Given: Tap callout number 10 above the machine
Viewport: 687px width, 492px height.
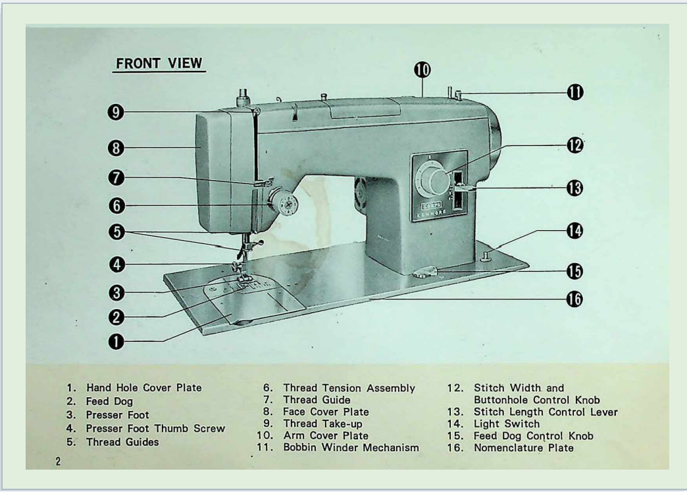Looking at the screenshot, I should pos(422,70).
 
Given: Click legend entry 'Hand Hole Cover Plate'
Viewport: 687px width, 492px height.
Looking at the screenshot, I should pos(143,388).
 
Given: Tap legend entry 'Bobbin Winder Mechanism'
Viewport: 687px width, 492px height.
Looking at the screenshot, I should pos(351,448).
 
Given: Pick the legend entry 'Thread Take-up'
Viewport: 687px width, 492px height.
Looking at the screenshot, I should pos(322,424).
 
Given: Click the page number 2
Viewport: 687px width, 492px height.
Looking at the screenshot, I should pos(58,461).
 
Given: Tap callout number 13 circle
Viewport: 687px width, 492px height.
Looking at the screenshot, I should pos(574,187).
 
